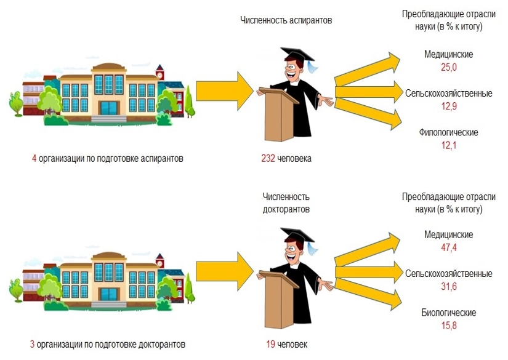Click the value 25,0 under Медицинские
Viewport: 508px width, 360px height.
point(449,67)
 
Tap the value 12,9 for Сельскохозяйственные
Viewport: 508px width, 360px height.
point(449,106)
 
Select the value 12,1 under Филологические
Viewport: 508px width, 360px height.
point(449,145)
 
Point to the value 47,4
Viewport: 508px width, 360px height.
point(449,247)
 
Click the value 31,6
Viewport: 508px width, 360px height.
point(449,286)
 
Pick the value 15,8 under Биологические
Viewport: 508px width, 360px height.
point(449,326)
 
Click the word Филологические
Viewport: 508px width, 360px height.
point(449,132)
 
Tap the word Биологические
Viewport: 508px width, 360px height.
point(449,313)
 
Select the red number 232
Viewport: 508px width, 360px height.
point(268,159)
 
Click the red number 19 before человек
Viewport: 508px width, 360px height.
point(270,344)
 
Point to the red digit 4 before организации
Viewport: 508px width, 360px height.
point(34,159)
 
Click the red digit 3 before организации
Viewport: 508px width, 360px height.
point(33,344)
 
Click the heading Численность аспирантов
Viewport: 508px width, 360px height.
point(286,20)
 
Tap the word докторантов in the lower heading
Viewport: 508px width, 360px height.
point(286,209)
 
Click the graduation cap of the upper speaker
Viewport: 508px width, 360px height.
point(295,55)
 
